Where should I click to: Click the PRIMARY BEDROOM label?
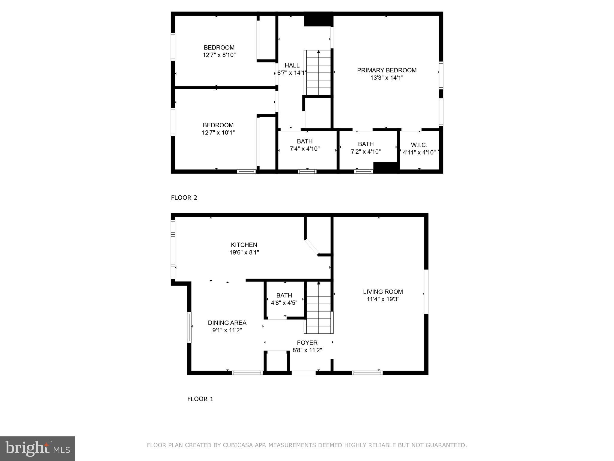coord(386,70)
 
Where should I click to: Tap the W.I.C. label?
coord(419,145)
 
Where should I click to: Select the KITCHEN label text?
coord(244,245)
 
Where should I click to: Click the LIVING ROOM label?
coord(383,292)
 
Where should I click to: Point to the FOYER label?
coord(307,343)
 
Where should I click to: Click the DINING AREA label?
coord(227,323)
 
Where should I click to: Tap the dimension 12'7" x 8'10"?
coord(219,55)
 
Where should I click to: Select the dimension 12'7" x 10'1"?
coord(218,133)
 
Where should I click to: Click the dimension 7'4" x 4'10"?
coord(305,149)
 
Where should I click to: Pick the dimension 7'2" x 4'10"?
coord(365,152)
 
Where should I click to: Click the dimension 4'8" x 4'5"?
coord(284,303)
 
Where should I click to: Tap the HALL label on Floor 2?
coord(292,65)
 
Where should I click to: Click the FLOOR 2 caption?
coord(184,198)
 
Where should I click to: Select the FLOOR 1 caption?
coord(200,399)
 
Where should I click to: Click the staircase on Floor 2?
coord(318,74)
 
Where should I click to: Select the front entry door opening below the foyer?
coord(303,373)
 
